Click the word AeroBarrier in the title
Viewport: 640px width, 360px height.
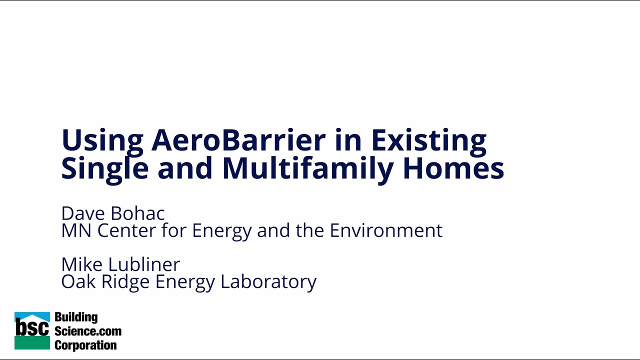tap(238, 140)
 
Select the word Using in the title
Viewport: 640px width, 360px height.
tap(102, 141)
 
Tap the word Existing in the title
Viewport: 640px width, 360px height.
tap(428, 141)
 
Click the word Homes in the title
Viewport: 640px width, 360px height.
tap(453, 168)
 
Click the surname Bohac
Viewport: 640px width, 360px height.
tap(137, 213)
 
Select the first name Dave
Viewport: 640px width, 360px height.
tap(83, 213)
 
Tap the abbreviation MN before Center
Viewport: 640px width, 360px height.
tap(76, 230)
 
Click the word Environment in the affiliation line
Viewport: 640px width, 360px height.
tap(386, 230)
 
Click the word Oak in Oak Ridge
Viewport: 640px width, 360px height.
tap(78, 281)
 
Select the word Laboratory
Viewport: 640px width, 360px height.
tap(268, 282)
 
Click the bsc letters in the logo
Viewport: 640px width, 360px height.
tap(32, 327)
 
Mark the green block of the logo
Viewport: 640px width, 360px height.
tap(32, 343)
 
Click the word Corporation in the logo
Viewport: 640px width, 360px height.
tap(85, 345)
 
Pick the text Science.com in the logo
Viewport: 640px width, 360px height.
tap(88, 331)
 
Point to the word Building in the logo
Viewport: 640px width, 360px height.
tap(76, 317)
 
